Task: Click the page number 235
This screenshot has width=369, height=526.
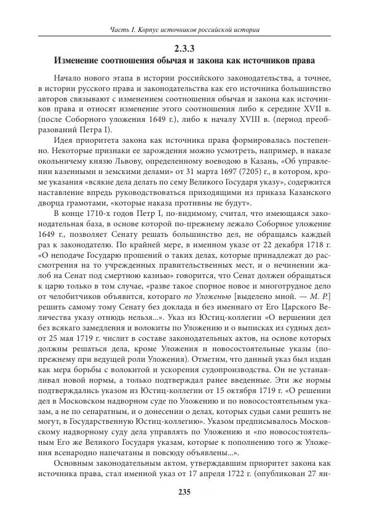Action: point(184,492)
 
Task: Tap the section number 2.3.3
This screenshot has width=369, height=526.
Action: point(184,49)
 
